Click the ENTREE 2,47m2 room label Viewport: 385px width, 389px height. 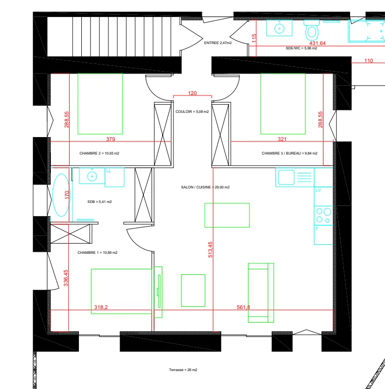(218, 43)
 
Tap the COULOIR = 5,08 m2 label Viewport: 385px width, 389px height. (192, 111)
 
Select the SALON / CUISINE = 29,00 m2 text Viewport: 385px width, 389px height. (205, 187)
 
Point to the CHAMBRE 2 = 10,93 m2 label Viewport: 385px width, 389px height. (99, 153)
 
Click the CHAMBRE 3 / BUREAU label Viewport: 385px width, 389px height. (282, 153)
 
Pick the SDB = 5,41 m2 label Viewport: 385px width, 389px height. (99, 202)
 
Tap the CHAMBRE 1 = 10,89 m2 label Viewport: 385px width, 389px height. (97, 252)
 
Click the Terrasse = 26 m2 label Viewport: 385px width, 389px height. (183, 370)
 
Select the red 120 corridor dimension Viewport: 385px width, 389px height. (192, 93)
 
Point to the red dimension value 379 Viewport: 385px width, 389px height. (110, 139)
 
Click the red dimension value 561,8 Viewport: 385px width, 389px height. (244, 308)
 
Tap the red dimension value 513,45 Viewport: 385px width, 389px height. (210, 249)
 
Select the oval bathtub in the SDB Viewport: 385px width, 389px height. (62, 195)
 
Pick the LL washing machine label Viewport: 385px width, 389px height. (108, 171)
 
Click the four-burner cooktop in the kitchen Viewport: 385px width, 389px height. (323, 216)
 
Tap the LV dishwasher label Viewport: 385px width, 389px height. (318, 190)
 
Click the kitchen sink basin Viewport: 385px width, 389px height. (286, 177)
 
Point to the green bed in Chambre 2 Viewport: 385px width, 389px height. (100, 104)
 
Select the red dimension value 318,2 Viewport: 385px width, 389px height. (101, 307)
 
